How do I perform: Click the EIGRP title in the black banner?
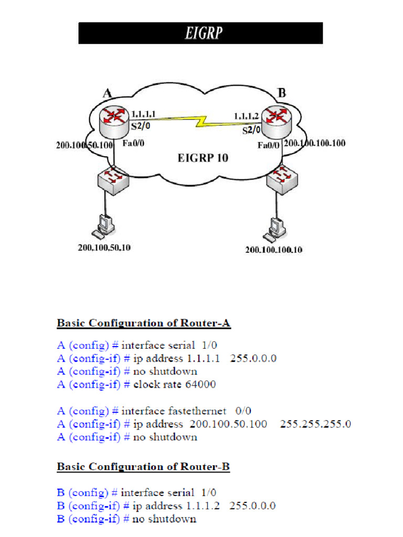click(203, 34)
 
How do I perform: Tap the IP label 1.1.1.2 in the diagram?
click(246, 116)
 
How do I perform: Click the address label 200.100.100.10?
click(273, 250)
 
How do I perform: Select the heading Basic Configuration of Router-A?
click(143, 323)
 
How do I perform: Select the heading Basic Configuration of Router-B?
click(143, 467)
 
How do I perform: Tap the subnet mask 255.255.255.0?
click(315, 424)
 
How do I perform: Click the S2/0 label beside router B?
click(251, 131)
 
